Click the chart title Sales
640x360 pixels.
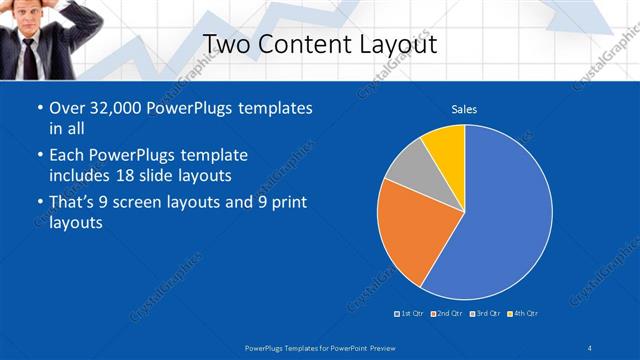pyautogui.click(x=464, y=108)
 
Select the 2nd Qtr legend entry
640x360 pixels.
pyautogui.click(x=447, y=314)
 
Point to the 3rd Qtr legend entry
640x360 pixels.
pyautogui.click(x=485, y=314)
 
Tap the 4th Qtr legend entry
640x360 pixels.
pyautogui.click(x=523, y=314)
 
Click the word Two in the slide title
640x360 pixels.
pyautogui.click(x=225, y=45)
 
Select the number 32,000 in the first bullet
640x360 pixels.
pyautogui.click(x=117, y=108)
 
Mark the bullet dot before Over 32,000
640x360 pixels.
pyautogui.click(x=38, y=108)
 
